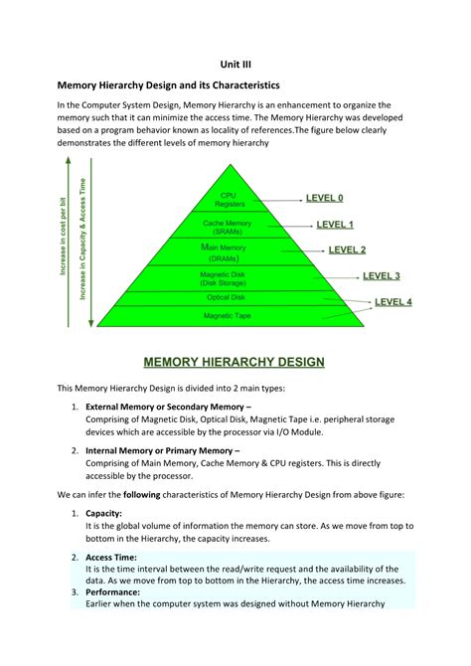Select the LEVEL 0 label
[x=324, y=198]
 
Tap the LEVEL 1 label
[x=335, y=225]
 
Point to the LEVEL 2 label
[x=348, y=250]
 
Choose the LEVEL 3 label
[x=382, y=275]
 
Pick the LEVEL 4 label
[x=393, y=301]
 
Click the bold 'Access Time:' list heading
[x=112, y=558]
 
